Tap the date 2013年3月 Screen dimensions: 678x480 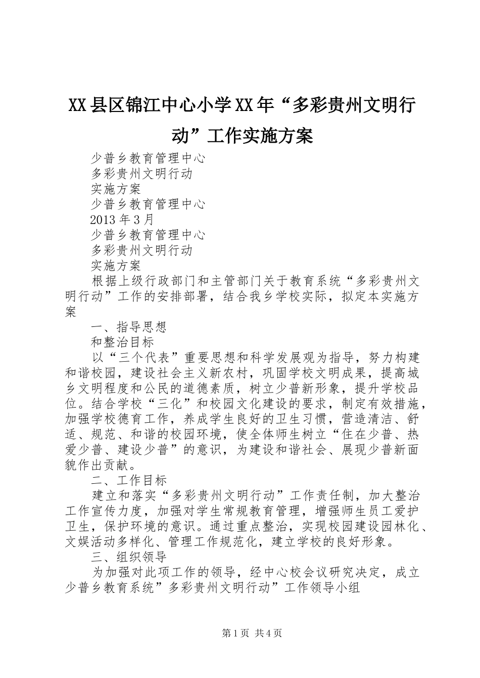click(122, 219)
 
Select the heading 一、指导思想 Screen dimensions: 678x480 click(128, 327)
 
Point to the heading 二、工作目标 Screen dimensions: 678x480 click(128, 479)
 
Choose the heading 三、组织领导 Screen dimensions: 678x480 click(128, 556)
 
